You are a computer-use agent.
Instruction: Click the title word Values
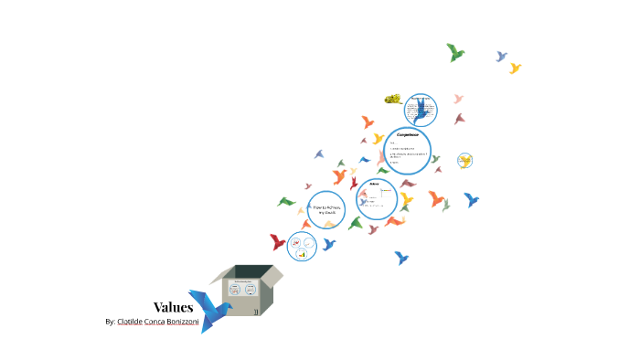coord(173,307)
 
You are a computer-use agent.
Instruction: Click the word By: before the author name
coord(111,323)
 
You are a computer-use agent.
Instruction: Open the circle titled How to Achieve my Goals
coord(326,210)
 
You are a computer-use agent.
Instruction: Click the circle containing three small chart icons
coord(302,246)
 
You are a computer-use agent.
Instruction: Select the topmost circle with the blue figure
coord(420,109)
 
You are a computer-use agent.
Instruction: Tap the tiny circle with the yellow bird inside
coord(465,161)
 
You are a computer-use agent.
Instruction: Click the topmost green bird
coord(454,53)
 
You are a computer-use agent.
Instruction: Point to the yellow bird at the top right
coord(515,68)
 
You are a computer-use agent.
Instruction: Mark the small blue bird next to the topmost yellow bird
coord(501,57)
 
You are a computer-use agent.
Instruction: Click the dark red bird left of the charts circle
coord(277,242)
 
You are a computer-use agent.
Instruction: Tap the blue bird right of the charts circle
coord(329,244)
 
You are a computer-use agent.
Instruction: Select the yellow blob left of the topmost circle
coord(393,99)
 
